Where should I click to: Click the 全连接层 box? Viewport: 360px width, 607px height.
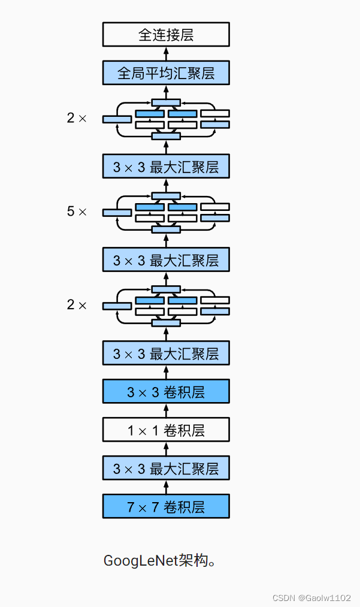click(166, 35)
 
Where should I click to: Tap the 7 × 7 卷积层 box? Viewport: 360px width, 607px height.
click(166, 506)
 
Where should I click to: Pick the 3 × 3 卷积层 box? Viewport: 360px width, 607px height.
click(166, 392)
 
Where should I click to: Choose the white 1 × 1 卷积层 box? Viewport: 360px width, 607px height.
click(166, 430)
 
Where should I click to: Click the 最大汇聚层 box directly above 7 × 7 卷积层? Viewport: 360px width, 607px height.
click(166, 468)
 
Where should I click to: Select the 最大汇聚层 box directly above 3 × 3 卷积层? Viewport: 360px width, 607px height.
click(166, 354)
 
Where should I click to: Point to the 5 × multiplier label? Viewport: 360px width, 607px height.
click(77, 212)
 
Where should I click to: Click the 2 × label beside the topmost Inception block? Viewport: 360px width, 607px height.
click(77, 118)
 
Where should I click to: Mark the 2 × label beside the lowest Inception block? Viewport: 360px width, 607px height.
click(77, 305)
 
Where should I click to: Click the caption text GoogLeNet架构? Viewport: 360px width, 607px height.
click(159, 561)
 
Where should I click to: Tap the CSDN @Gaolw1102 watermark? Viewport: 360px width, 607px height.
click(311, 598)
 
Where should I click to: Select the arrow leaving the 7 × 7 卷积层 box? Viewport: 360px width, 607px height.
click(166, 487)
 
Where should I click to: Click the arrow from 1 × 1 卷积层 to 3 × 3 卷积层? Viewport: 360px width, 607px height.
click(166, 411)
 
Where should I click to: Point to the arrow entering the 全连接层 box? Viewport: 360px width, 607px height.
click(166, 53)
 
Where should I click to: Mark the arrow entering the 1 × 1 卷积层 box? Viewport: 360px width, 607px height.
click(166, 449)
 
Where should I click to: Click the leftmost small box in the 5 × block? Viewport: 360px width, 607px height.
click(117, 213)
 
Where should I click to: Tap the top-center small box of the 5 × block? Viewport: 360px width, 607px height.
click(166, 196)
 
